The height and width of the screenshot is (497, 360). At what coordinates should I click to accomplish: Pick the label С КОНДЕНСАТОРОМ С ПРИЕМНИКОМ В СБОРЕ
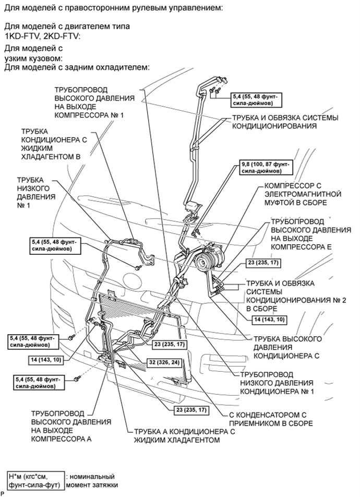(271, 419)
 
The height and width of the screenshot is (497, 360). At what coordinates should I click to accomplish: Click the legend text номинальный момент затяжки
(92, 481)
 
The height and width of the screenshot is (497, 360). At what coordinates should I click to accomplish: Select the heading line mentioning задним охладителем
(77, 68)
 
